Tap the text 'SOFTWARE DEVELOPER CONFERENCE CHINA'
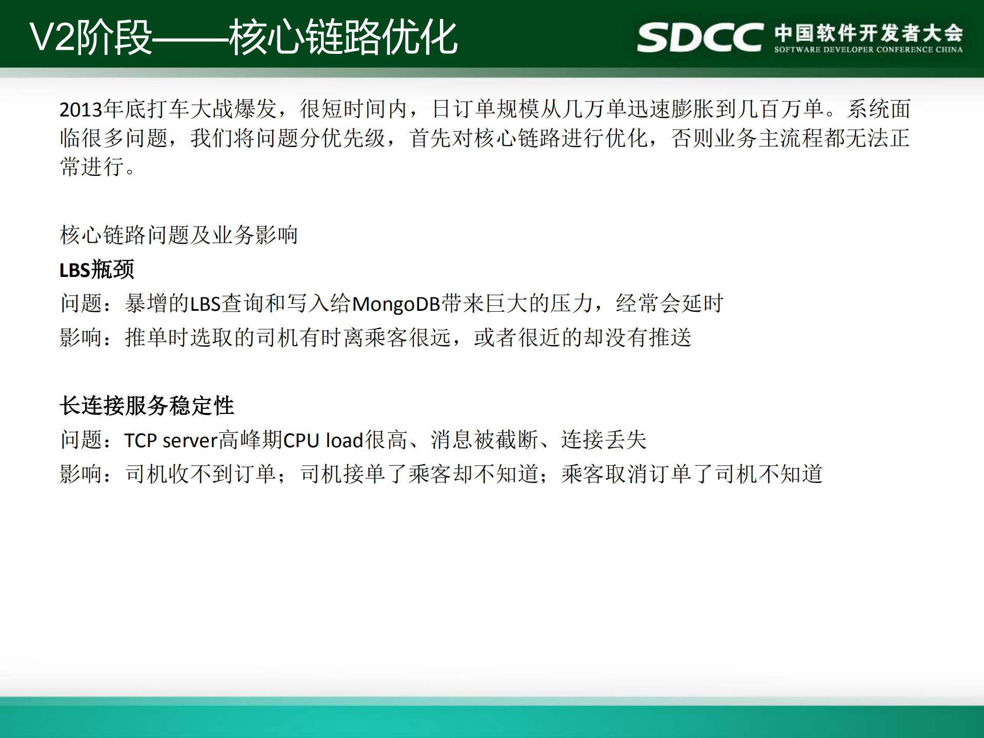868,50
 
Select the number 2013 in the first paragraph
81,110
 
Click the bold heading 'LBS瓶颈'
97,270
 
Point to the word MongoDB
396,304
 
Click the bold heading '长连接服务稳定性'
147,406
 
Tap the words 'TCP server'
171,441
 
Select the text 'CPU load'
323,441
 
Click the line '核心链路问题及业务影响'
179,235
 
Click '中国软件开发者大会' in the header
869,32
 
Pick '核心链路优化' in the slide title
343,37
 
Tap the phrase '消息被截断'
485,440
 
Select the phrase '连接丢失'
604,440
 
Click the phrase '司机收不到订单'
201,474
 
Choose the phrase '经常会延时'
669,304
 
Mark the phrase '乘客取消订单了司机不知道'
692,474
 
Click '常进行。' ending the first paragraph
97,167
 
